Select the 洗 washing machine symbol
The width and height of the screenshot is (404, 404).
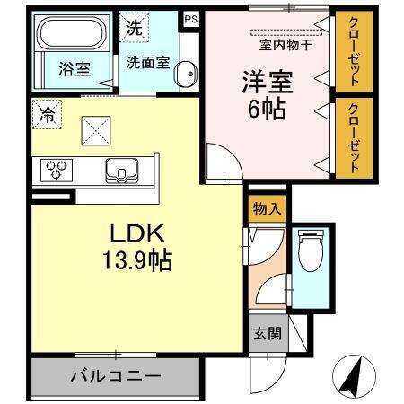coord(133,27)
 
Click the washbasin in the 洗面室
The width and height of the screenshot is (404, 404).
coord(184,75)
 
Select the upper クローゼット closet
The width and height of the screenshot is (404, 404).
coord(353,53)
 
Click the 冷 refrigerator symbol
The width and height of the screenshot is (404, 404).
coord(45,113)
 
